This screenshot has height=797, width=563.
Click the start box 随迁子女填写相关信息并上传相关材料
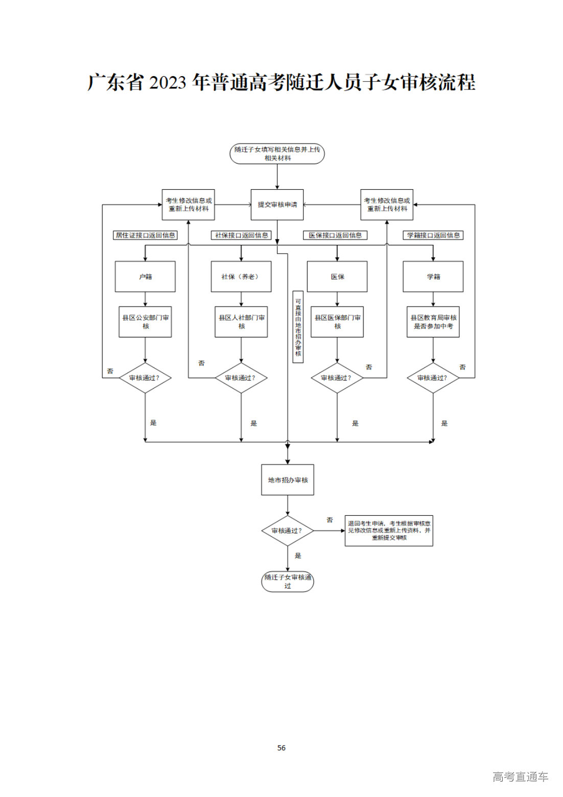tap(277, 154)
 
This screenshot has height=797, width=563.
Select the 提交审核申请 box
tap(277, 204)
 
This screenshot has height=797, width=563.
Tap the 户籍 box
tap(145, 277)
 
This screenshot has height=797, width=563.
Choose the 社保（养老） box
tap(241, 277)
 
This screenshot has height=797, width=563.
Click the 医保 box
tap(337, 277)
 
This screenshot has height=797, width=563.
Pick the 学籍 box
tap(433, 277)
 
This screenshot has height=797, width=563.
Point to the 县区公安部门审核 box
tap(145, 322)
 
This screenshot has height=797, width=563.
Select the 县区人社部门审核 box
tap(241, 322)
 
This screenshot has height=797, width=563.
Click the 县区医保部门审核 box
tap(337, 322)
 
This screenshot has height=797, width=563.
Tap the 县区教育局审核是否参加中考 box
tap(433, 322)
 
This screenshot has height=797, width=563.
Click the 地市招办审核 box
tap(288, 480)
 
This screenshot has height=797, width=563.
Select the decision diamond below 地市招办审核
tap(287, 531)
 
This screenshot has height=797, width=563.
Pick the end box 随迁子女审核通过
tap(288, 581)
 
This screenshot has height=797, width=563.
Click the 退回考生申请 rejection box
tap(389, 531)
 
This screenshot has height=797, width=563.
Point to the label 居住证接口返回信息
tap(145, 235)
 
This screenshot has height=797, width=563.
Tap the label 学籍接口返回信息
tap(433, 235)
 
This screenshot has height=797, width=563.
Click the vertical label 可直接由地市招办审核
tap(298, 327)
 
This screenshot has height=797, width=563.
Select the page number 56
tap(281, 747)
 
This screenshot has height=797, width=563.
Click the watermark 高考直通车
tap(520, 777)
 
